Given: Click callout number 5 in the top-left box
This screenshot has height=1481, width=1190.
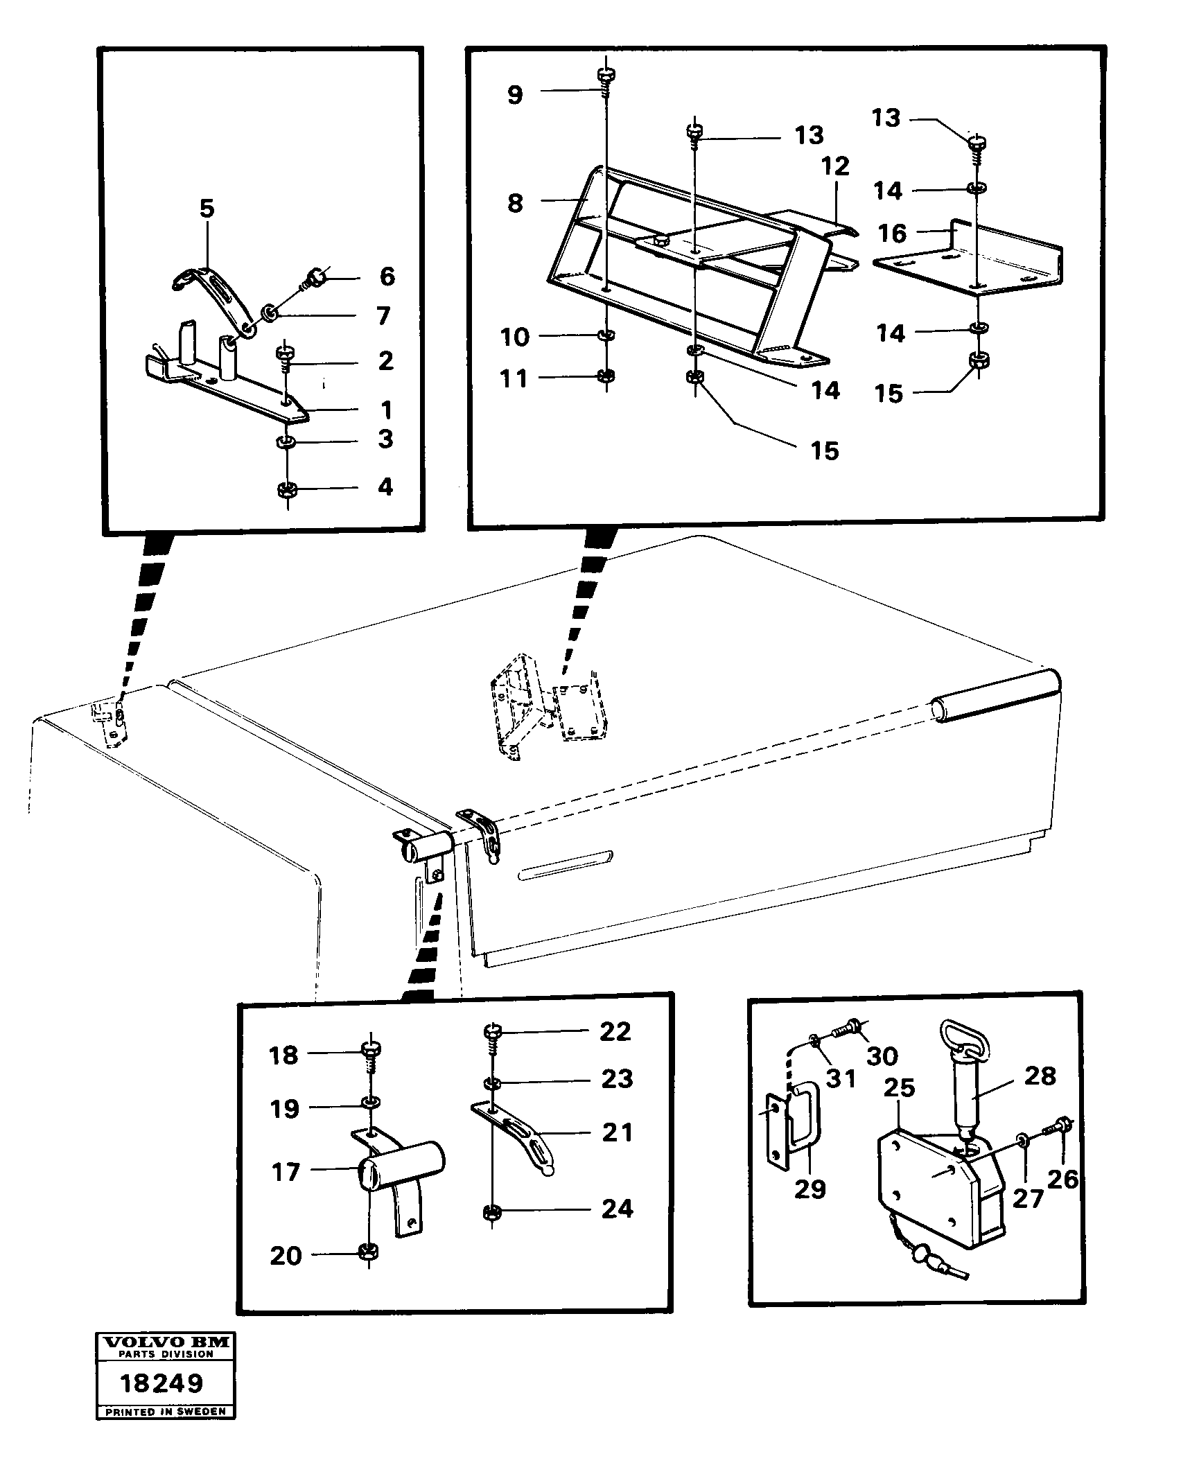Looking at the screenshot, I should click(x=207, y=209).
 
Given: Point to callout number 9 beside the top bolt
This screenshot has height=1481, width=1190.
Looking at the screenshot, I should click(x=514, y=95).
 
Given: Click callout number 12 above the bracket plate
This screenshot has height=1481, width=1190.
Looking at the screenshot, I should click(x=837, y=166).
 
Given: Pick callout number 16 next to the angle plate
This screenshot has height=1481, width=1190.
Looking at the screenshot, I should click(x=892, y=233).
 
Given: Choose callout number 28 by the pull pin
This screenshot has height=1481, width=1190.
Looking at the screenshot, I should click(x=1040, y=1076).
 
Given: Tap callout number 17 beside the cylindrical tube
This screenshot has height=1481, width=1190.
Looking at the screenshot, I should click(x=286, y=1173).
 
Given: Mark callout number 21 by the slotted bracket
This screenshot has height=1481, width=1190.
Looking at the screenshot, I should click(x=617, y=1132).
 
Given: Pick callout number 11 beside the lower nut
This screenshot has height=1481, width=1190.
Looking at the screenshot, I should click(x=514, y=378).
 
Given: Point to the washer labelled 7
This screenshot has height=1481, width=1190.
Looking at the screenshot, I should click(x=270, y=315).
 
